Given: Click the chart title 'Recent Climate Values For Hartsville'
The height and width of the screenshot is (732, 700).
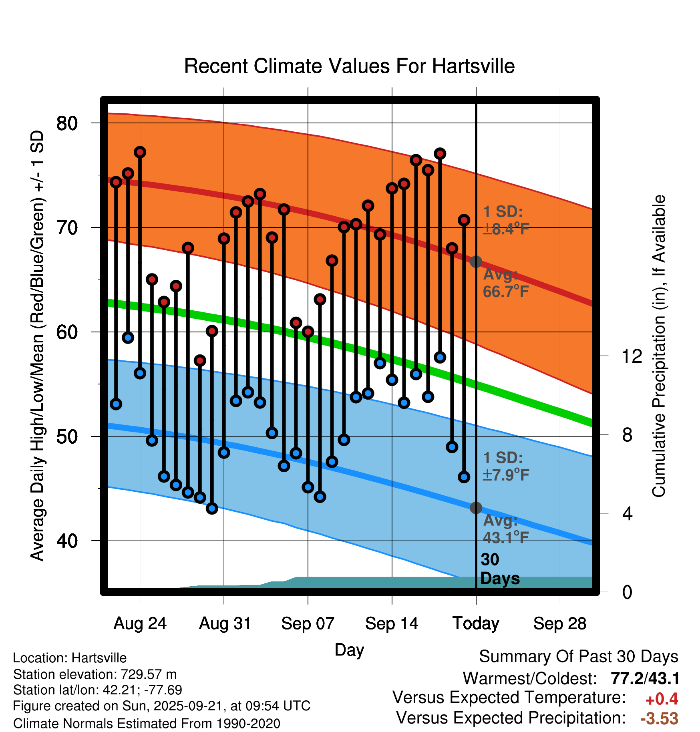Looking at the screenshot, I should tap(349, 66).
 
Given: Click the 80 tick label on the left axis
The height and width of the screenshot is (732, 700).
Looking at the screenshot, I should tap(67, 123).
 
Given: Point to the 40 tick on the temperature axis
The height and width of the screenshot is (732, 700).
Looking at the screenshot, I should tap(67, 541).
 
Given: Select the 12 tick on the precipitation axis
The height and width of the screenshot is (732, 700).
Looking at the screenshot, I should tap(632, 356).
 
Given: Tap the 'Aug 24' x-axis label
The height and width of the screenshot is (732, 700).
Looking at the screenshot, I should tap(140, 623).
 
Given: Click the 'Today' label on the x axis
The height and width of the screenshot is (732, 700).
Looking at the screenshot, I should tap(476, 623).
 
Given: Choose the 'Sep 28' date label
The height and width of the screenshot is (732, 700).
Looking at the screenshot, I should tap(559, 623).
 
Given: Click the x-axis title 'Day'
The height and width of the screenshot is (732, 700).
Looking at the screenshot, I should tap(349, 650).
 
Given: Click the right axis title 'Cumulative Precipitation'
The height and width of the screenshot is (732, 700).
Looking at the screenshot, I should tap(659, 346).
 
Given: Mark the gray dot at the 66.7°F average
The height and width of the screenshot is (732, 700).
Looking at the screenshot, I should tap(476, 262).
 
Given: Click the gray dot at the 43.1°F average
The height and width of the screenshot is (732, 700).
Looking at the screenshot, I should tap(476, 508).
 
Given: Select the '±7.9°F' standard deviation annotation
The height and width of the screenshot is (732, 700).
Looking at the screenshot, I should tap(506, 475).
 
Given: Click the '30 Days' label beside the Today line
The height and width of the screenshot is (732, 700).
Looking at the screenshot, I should tap(499, 569).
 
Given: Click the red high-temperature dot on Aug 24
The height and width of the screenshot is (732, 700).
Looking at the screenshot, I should tap(140, 152).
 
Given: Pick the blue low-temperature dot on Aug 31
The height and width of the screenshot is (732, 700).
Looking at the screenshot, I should tap(224, 452).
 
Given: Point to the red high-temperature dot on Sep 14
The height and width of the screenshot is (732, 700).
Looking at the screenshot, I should tap(392, 188).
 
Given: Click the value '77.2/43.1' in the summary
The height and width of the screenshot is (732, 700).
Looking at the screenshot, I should tap(645, 679).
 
